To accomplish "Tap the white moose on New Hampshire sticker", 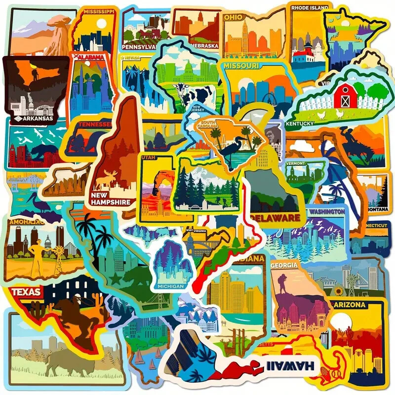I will point(106,181).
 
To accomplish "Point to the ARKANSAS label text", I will point(36,118).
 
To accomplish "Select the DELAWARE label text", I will point(276,218).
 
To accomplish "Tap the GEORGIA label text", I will point(284,265).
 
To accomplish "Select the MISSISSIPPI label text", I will point(99,11).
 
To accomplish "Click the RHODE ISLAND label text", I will point(310,8).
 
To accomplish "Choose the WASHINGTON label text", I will point(326,211).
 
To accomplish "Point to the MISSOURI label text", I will point(241,66).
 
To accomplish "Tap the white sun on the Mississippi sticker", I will point(101,24).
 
